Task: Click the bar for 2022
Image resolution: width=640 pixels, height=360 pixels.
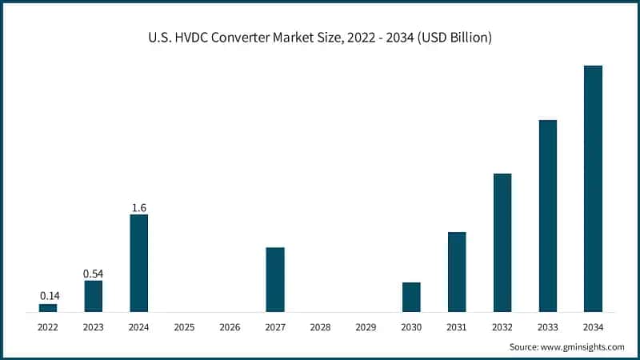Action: pyautogui.click(x=48, y=307)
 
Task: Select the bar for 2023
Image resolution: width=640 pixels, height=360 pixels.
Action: pyautogui.click(x=94, y=295)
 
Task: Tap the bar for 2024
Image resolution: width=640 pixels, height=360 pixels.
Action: pyautogui.click(x=138, y=262)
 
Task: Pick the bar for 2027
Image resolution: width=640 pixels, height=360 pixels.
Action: pyautogui.click(x=275, y=279)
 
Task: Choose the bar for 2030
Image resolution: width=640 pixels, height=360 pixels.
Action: pyautogui.click(x=411, y=297)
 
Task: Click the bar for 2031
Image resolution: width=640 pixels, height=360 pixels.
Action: pyautogui.click(x=457, y=271)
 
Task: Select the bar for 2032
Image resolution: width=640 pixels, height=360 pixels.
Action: pyautogui.click(x=502, y=242)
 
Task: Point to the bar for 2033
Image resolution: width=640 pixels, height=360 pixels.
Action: pyautogui.click(x=548, y=215)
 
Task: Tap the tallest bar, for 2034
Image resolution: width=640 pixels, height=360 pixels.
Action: pyautogui.click(x=593, y=188)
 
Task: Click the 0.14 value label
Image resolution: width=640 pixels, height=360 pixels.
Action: pyautogui.click(x=48, y=296)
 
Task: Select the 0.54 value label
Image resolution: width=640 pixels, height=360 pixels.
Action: pyautogui.click(x=94, y=274)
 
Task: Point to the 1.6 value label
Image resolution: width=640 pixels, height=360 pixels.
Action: pyautogui.click(x=138, y=208)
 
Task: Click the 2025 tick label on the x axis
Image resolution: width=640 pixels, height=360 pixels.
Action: pyautogui.click(x=184, y=327)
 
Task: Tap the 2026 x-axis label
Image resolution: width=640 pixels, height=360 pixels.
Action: pyautogui.click(x=230, y=327)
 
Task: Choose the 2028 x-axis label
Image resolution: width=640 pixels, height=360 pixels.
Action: pyautogui.click(x=320, y=327)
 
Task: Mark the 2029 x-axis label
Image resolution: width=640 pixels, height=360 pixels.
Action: pyautogui.click(x=366, y=327)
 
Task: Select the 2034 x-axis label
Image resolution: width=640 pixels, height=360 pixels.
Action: pyautogui.click(x=593, y=327)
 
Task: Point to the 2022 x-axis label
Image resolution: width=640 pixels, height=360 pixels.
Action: pyautogui.click(x=48, y=327)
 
